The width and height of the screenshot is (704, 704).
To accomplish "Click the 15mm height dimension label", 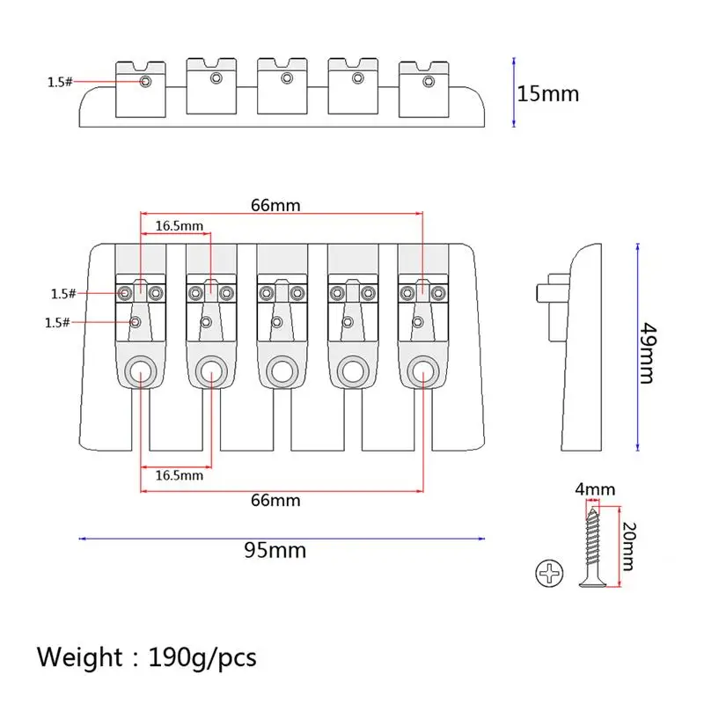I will [548, 93].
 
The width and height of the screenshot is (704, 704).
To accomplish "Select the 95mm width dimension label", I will [275, 551].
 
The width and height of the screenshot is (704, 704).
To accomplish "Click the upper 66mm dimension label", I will [275, 206].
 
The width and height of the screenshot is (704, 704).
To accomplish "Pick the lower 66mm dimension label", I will [275, 501].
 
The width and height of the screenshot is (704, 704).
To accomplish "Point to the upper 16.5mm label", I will [180, 226].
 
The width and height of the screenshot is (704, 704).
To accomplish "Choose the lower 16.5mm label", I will [180, 475].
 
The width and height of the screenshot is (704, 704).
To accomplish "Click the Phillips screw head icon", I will [549, 576].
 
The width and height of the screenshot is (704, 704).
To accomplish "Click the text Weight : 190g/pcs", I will [147, 656].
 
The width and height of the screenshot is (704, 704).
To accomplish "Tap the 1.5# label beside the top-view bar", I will [60, 82].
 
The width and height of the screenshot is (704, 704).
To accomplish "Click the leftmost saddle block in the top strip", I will [142, 88].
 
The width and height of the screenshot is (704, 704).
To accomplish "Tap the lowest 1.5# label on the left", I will [56, 323].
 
